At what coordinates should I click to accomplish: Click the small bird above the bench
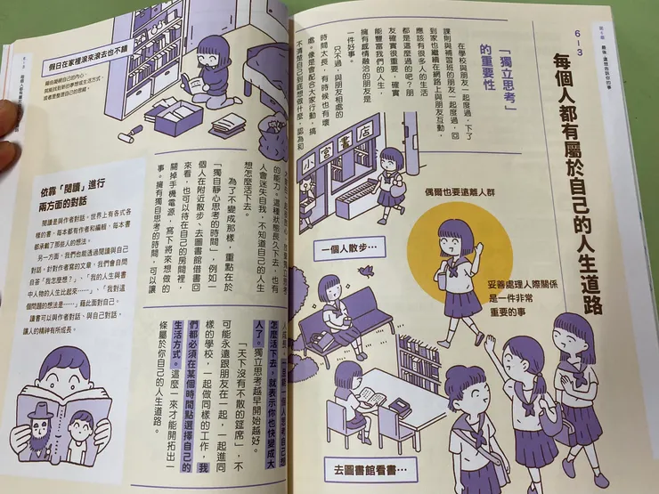(365, 271)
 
